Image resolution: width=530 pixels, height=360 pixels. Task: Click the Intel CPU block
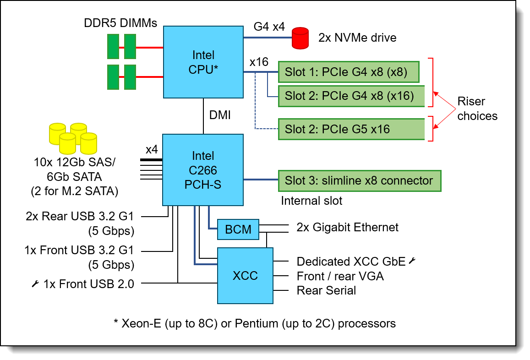pos(203,62)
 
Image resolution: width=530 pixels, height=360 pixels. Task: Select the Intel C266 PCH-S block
pos(202,170)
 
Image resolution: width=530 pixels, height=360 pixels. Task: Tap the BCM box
pos(238,229)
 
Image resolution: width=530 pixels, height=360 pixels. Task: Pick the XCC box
pos(245,276)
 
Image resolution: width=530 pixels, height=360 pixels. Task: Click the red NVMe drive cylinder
pos(301,38)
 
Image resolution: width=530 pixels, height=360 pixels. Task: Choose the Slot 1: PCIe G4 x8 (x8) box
pos(349,72)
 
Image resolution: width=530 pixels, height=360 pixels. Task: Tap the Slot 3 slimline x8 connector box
pos(359,180)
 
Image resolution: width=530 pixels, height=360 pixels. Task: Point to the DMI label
pos(220,115)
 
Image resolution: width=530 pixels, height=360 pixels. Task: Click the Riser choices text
pos(477,109)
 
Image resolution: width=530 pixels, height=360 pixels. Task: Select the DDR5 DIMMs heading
pos(120,23)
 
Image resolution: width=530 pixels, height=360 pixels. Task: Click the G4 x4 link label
pos(269,27)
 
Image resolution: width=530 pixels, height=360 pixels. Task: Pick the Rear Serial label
pos(326,290)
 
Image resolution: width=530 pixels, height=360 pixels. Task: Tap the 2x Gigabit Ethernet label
pos(347,227)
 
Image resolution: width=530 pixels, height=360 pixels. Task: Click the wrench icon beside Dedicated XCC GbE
pos(412,261)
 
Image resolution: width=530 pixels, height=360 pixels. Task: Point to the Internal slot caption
pos(311,201)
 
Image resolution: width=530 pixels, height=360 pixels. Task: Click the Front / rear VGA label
pos(340,276)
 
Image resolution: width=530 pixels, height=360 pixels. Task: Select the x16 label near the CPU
pos(259,62)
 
